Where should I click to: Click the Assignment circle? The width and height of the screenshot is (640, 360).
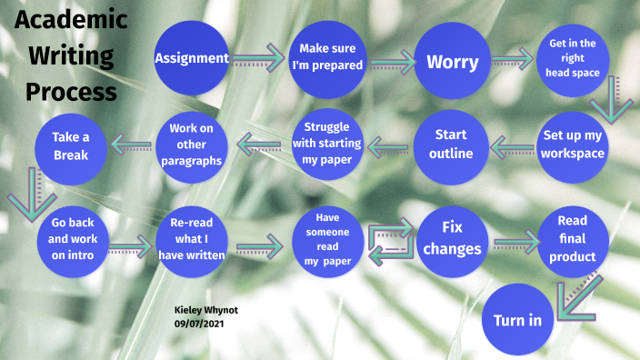tap(191, 58)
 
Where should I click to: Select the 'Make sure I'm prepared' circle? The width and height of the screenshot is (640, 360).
tap(327, 58)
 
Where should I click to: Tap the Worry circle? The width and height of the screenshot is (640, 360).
tap(453, 62)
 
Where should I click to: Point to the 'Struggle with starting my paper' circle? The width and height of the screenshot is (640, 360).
tap(326, 143)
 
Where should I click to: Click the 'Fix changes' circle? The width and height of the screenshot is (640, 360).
tap(452, 237)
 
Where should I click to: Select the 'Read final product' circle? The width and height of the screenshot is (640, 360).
tap(573, 239)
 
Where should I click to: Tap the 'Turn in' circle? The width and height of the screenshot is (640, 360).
tap(517, 320)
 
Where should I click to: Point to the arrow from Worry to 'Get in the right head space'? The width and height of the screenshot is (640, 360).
tap(512, 61)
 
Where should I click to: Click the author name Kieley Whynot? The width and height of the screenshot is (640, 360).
tap(205, 309)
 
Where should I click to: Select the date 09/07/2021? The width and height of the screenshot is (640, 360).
tap(199, 324)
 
